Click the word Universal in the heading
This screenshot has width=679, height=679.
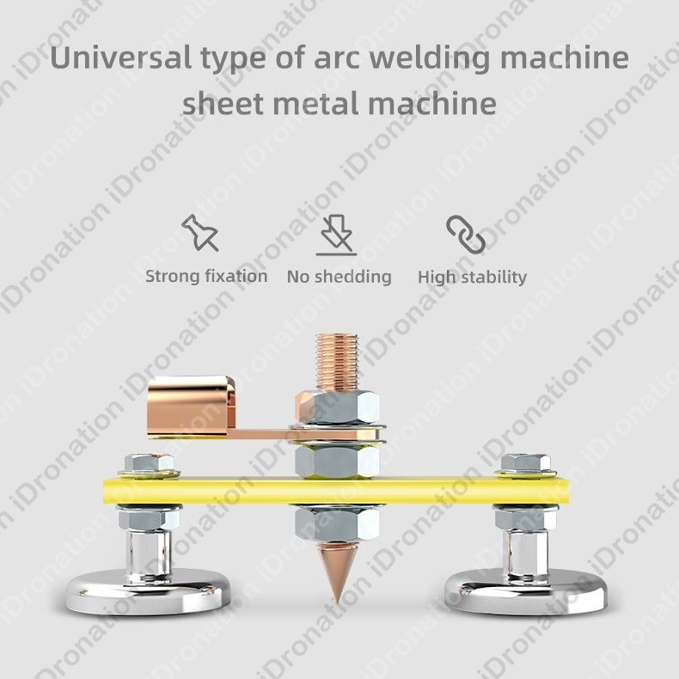coord(107,59)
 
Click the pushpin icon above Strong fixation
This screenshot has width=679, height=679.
coord(200,233)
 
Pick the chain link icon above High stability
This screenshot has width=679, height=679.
coord(466,234)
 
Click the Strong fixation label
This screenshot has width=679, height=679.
coord(206,276)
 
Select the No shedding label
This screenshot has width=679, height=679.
coord(339,277)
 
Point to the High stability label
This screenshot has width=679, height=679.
coord(472,277)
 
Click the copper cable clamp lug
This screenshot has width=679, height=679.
coord(190,406)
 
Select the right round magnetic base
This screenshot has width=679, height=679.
coord(525,591)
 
